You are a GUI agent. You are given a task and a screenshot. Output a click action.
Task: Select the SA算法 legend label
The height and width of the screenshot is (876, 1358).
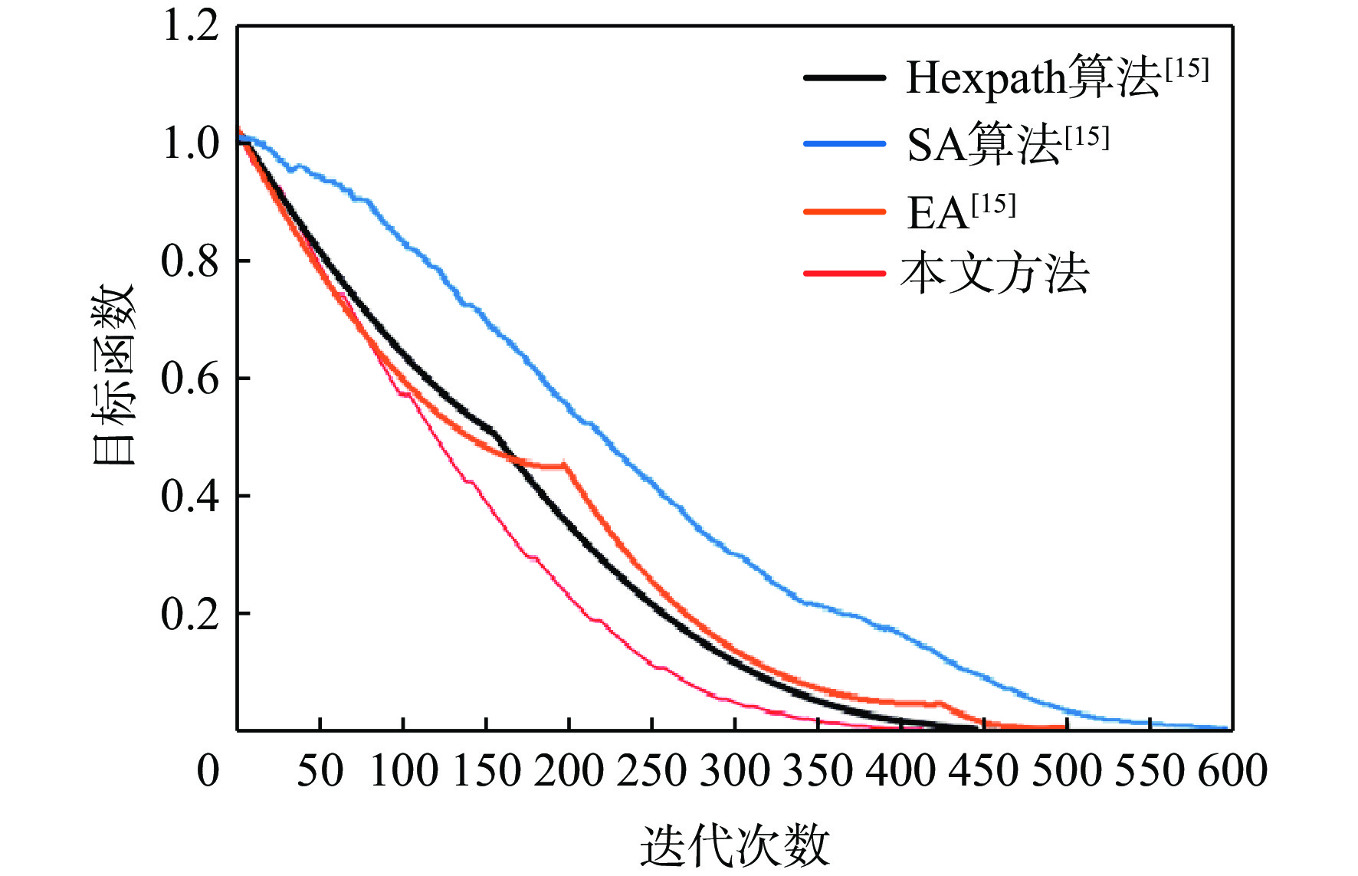pos(984,144)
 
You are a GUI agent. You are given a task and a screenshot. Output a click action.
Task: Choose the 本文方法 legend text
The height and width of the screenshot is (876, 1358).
pos(995,274)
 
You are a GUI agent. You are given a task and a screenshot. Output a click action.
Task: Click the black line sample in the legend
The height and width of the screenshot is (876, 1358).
pos(845,77)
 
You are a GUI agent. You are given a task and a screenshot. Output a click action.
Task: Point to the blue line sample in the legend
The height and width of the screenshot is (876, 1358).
pos(845,144)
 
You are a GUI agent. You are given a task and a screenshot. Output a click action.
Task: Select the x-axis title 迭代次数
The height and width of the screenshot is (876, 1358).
pos(734,845)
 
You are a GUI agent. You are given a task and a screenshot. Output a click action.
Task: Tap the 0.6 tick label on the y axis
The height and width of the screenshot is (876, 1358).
pos(191,378)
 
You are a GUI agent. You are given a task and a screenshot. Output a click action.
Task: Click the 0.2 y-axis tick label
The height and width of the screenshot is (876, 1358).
pos(191,613)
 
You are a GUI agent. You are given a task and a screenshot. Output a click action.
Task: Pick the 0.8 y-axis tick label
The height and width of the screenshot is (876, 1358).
pos(191,261)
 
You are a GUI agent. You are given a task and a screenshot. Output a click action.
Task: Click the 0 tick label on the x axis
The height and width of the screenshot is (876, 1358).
pos(208,770)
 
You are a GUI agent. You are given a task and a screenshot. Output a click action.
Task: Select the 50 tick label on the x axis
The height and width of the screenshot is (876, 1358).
pos(320,770)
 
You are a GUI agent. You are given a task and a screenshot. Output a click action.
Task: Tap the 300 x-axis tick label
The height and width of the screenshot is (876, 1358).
pos(734,770)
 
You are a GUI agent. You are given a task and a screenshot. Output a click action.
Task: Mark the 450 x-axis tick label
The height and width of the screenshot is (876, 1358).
pos(983,770)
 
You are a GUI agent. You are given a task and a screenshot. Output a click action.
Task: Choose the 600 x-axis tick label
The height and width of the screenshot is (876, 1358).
pos(1232,770)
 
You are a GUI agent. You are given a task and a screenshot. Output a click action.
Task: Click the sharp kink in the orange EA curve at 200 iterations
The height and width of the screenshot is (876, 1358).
pos(566,464)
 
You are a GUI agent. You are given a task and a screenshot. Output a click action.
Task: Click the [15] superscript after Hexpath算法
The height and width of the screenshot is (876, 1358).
pos(1186,69)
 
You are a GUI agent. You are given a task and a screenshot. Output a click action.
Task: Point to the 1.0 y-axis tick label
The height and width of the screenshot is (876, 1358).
pos(191,143)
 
